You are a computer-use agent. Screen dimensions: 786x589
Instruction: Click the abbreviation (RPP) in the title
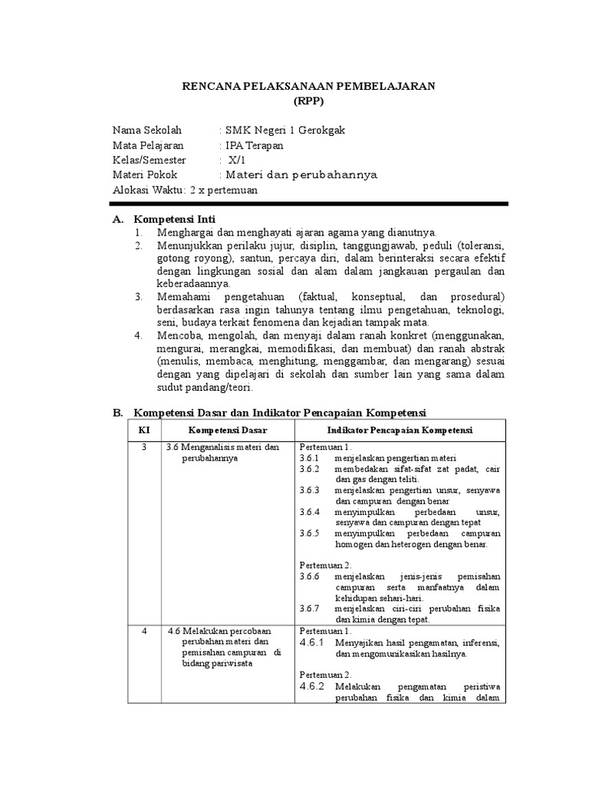(309, 101)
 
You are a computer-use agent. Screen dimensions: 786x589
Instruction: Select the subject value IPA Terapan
(254, 145)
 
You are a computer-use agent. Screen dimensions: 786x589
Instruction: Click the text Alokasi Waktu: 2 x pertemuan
(186, 190)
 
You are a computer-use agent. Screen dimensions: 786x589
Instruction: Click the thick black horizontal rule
(309, 203)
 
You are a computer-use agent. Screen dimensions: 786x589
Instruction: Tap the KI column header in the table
(144, 430)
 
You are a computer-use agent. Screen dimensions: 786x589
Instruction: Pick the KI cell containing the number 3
(144, 447)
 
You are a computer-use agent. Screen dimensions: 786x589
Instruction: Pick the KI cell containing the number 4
(144, 631)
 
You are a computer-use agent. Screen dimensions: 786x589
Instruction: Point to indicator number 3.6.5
(311, 533)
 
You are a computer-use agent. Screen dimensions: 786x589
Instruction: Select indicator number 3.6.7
(311, 608)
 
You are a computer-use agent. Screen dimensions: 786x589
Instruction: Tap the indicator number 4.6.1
(313, 642)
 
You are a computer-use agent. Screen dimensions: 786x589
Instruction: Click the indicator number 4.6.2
(313, 686)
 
